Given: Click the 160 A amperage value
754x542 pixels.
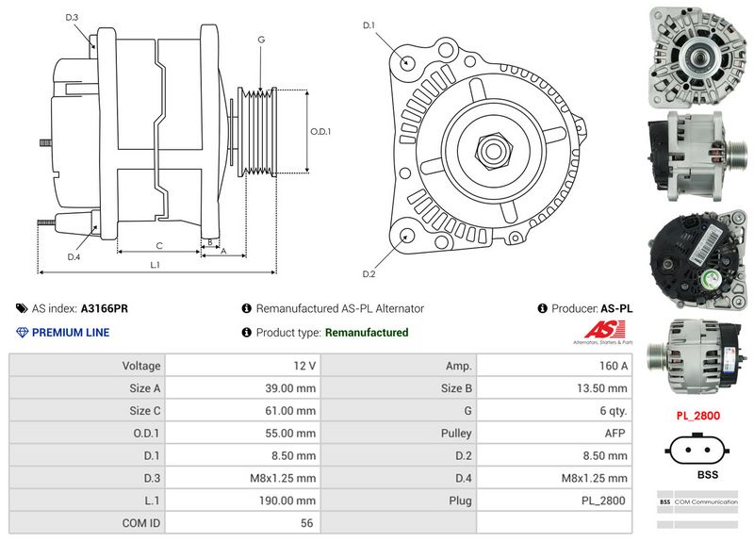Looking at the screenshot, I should tap(614, 365).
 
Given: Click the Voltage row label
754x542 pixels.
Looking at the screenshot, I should tap(140, 365).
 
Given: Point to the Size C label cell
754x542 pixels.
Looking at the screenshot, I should tap(143, 410).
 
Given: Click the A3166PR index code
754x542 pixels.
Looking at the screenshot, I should tap(105, 308).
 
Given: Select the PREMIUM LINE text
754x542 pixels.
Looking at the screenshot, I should tap(71, 332).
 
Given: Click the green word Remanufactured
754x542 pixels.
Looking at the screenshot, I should tap(366, 332).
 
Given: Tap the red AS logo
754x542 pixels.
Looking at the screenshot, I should tap(600, 330).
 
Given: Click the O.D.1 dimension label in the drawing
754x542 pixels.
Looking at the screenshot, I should tap(320, 131).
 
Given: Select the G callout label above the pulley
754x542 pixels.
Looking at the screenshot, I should tap(260, 40).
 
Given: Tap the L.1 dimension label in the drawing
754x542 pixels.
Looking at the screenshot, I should tap(155, 265).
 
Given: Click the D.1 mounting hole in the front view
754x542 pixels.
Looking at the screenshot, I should tap(407, 62).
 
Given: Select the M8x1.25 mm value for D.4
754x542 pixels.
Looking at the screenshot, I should tap(598, 478).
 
